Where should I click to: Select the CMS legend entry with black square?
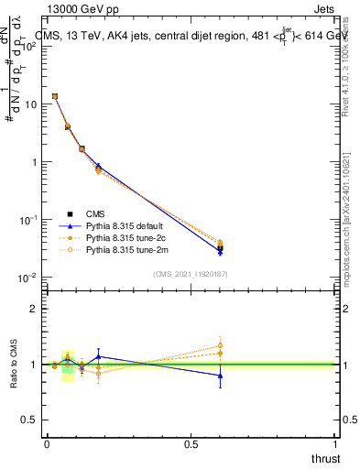[82, 213]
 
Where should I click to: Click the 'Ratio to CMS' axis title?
[14, 364]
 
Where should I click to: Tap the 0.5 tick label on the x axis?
[191, 443]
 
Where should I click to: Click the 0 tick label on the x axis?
[47, 443]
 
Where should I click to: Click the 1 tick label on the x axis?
[335, 443]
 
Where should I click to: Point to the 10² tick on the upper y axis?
[28, 47]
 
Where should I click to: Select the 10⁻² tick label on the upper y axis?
[28, 278]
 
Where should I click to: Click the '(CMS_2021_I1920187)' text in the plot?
[190, 274]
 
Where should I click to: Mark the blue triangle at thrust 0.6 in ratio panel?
[220, 376]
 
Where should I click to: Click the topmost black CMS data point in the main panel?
[55, 96]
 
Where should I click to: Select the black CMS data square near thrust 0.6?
[220, 247]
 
